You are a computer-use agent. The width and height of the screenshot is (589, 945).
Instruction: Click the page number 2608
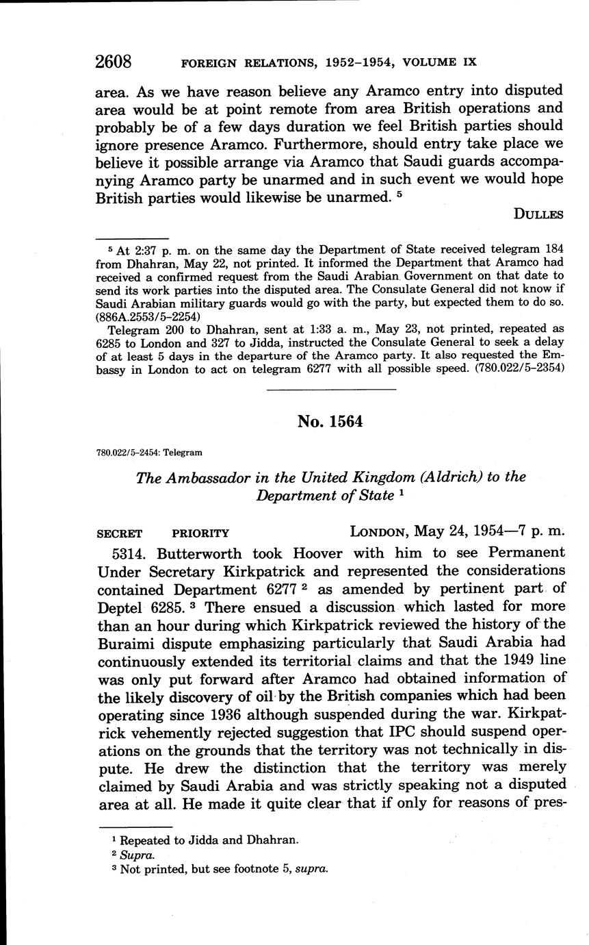tap(114, 61)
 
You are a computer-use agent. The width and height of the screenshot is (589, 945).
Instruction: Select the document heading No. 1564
tap(330, 422)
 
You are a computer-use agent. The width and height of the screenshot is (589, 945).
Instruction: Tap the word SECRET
tap(120, 533)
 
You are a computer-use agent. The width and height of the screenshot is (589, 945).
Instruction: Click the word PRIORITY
tap(200, 533)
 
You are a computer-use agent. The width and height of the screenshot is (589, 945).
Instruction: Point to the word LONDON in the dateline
tap(381, 532)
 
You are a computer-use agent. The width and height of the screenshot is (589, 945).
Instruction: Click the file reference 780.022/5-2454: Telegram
tap(149, 453)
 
